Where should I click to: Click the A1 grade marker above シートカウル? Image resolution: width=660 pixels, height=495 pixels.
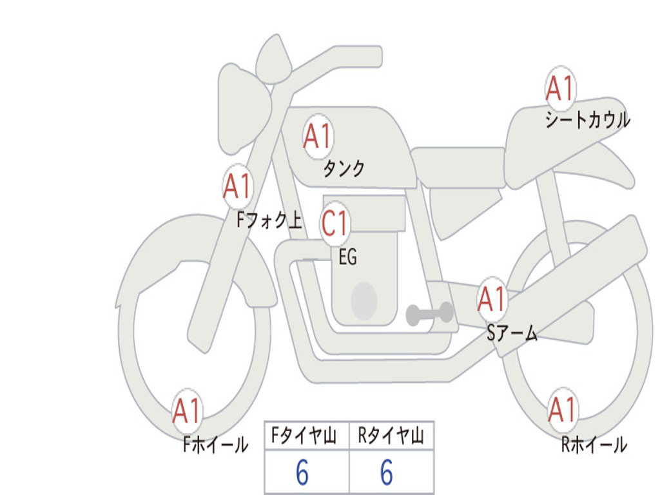click(560, 89)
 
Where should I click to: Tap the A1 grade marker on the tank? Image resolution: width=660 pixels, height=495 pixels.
click(318, 136)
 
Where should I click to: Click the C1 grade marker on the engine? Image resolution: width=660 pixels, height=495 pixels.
click(335, 223)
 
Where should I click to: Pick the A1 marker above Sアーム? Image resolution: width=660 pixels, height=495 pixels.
click(492, 298)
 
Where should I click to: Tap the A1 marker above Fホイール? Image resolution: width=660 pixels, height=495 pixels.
click(188, 411)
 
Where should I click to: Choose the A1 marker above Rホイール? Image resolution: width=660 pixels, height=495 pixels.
click(563, 409)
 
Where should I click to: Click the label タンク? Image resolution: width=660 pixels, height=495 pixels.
click(344, 168)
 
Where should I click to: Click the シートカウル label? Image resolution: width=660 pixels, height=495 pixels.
click(587, 120)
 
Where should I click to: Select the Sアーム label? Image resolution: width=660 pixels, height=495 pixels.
click(512, 333)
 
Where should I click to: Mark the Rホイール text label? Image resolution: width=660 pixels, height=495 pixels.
click(594, 444)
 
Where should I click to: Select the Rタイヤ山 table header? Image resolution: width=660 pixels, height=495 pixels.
click(391, 437)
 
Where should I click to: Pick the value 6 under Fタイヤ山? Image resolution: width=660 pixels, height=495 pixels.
click(302, 474)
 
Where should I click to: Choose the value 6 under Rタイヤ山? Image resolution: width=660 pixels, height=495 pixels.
click(386, 474)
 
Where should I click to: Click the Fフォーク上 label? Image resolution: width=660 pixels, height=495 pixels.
click(269, 221)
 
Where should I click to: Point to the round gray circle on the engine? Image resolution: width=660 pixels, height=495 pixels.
click(364, 301)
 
